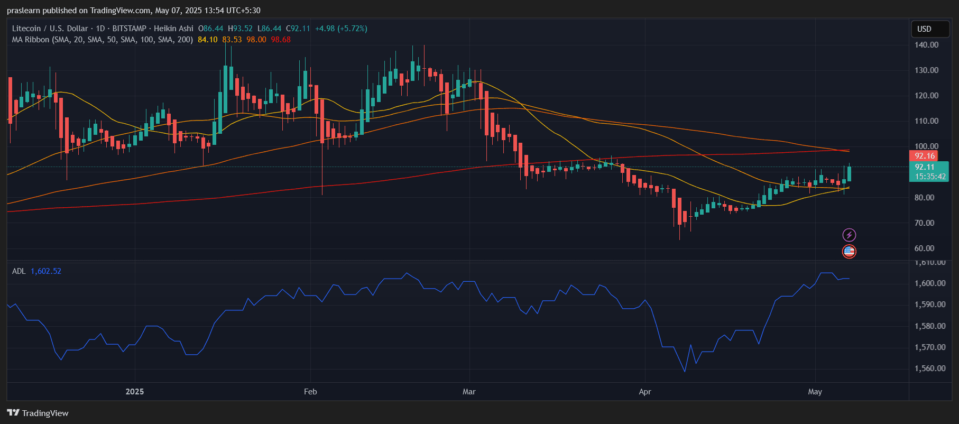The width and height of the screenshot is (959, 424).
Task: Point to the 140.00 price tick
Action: coord(926,45)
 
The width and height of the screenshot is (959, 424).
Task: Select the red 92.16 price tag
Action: coord(924,156)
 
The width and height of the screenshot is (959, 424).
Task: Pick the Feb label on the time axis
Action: coord(310,392)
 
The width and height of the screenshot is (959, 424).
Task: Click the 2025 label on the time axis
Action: coord(135,392)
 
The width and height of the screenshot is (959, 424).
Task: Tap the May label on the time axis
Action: coord(815,392)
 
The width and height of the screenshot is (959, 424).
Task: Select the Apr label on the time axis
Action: coord(644,392)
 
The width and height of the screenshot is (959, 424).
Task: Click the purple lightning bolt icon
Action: coord(849,235)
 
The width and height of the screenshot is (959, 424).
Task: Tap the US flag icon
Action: coord(849,252)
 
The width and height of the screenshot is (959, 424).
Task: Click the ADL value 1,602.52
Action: coord(46,271)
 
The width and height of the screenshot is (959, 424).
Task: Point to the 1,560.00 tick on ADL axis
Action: coord(930,368)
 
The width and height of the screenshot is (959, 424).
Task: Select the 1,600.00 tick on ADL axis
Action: coord(930,283)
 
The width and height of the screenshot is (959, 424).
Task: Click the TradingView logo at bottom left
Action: coord(38,413)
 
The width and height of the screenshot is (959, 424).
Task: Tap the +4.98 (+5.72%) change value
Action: coord(341,29)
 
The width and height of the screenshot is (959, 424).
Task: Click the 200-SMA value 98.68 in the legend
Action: coord(281,40)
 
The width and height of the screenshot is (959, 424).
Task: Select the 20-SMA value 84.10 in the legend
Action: coord(208,40)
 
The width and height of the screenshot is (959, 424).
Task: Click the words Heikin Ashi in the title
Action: coord(173,29)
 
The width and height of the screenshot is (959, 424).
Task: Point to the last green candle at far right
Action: coord(849,173)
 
